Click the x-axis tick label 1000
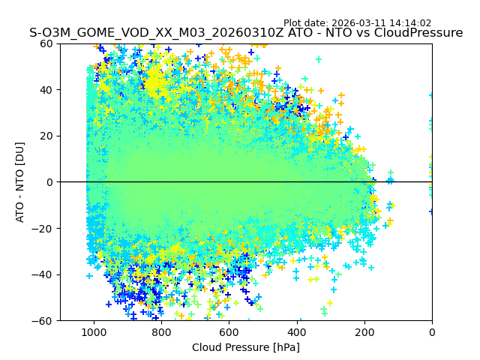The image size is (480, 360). pyautogui.click(x=94, y=332)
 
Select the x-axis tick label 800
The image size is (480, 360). pyautogui.click(x=161, y=332)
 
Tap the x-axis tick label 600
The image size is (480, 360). pyautogui.click(x=229, y=332)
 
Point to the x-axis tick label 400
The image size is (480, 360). pyautogui.click(x=296, y=332)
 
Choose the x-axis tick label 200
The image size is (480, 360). pyautogui.click(x=364, y=332)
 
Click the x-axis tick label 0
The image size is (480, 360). pyautogui.click(x=432, y=332)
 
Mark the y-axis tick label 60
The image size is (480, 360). pyautogui.click(x=46, y=43)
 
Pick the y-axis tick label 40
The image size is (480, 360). pyautogui.click(x=46, y=90)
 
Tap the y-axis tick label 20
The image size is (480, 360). pyautogui.click(x=46, y=136)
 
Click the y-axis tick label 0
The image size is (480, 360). pyautogui.click(x=49, y=182)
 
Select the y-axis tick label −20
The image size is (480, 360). pyautogui.click(x=43, y=228)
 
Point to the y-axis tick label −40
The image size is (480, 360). pyautogui.click(x=43, y=274)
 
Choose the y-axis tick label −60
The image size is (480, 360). pyautogui.click(x=43, y=320)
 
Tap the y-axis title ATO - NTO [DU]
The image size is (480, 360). pyautogui.click(x=21, y=182)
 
